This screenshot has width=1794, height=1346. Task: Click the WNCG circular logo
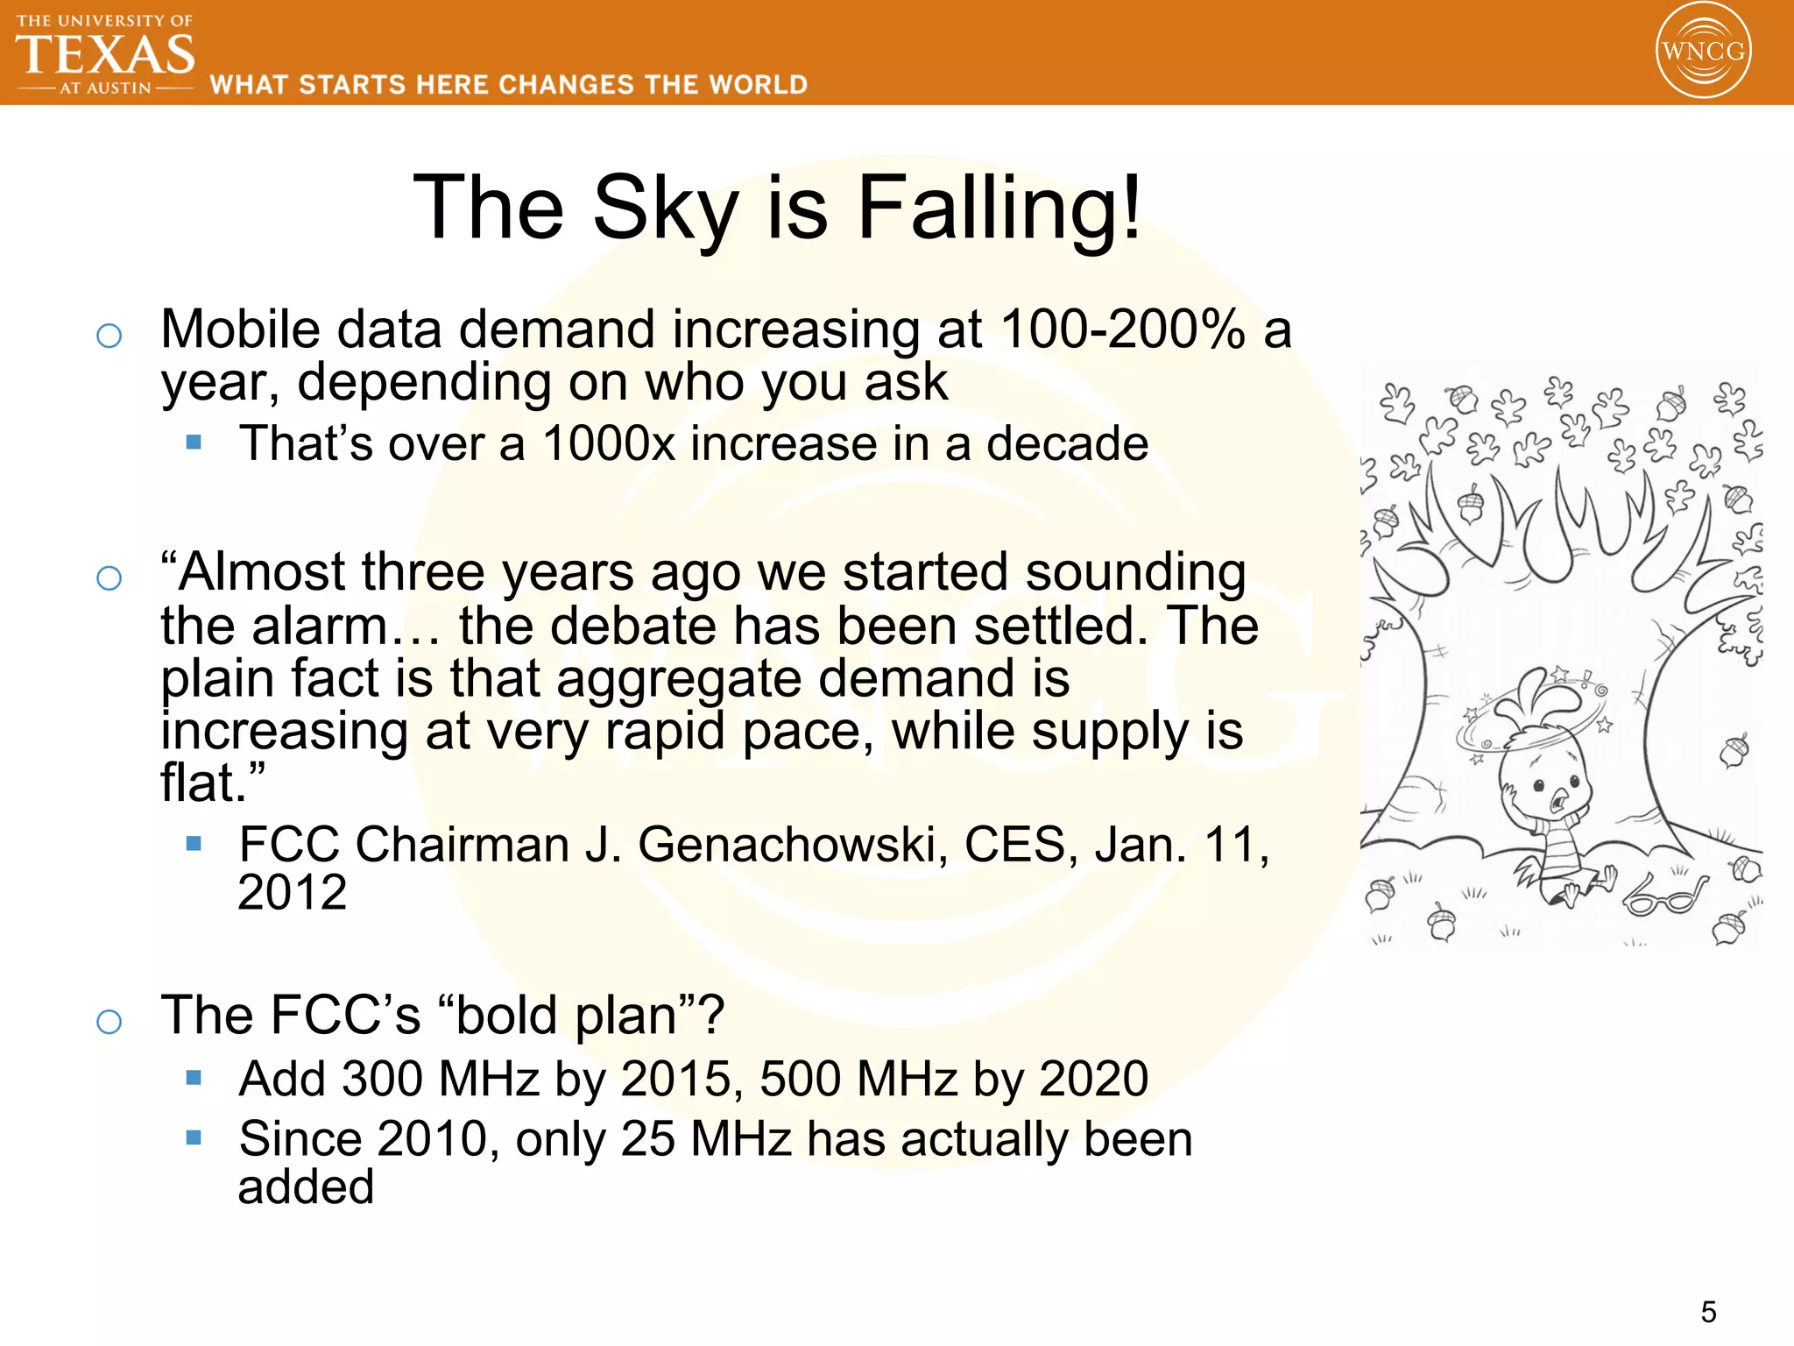(1703, 51)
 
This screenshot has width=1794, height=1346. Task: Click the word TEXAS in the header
(105, 54)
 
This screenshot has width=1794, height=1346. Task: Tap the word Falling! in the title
(999, 208)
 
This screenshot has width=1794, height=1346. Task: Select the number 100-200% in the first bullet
(1122, 329)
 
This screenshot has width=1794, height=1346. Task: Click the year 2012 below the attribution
(293, 893)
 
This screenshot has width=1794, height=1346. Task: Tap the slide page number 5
(1708, 1312)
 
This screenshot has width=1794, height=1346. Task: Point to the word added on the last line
(306, 1187)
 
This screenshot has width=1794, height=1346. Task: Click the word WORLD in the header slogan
(759, 85)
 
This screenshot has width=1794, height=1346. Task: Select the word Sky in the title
(666, 208)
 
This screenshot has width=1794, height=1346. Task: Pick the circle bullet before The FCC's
(109, 1021)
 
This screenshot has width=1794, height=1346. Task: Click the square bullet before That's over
(194, 443)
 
